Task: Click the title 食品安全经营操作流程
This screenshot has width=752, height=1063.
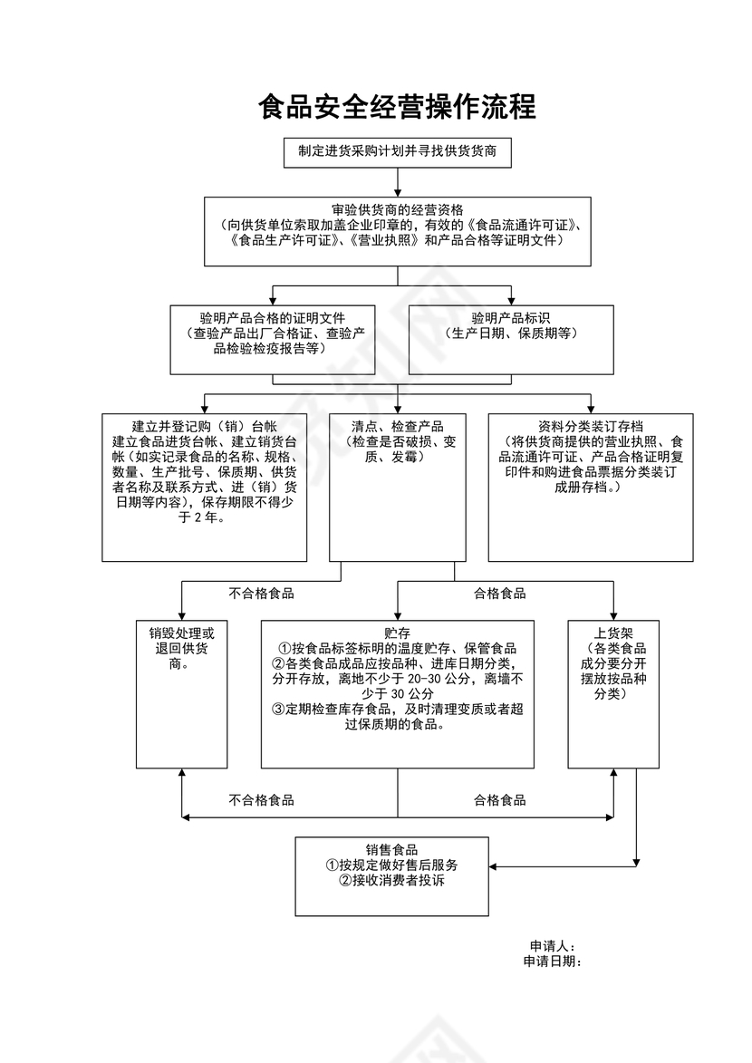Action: click(x=397, y=108)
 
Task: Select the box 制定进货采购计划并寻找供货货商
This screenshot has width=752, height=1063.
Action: click(x=397, y=152)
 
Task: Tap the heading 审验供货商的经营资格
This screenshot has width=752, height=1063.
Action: click(x=398, y=209)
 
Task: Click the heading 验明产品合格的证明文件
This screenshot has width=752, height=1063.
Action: click(x=273, y=318)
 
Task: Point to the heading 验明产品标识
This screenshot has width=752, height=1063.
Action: click(x=512, y=318)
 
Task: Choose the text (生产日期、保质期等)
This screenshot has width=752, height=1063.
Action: click(x=512, y=333)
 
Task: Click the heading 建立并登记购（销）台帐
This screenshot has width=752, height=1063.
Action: click(x=204, y=426)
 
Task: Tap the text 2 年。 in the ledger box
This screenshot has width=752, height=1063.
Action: click(x=204, y=518)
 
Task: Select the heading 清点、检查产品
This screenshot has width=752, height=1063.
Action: click(x=398, y=426)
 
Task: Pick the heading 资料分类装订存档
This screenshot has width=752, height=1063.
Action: click(x=590, y=426)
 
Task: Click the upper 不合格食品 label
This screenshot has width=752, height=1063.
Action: click(x=261, y=594)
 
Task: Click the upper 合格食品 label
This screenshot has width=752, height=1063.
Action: click(x=500, y=594)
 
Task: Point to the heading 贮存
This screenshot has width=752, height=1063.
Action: click(x=398, y=633)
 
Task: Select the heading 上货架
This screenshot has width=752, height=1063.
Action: click(x=613, y=633)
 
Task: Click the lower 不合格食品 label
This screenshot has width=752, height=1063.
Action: click(x=261, y=800)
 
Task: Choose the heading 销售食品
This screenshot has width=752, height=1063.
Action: click(x=392, y=849)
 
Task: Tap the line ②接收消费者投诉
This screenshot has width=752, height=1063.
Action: click(x=392, y=880)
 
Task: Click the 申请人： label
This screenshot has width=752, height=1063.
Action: click(x=553, y=945)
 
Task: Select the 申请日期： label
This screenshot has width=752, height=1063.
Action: click(x=553, y=961)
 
